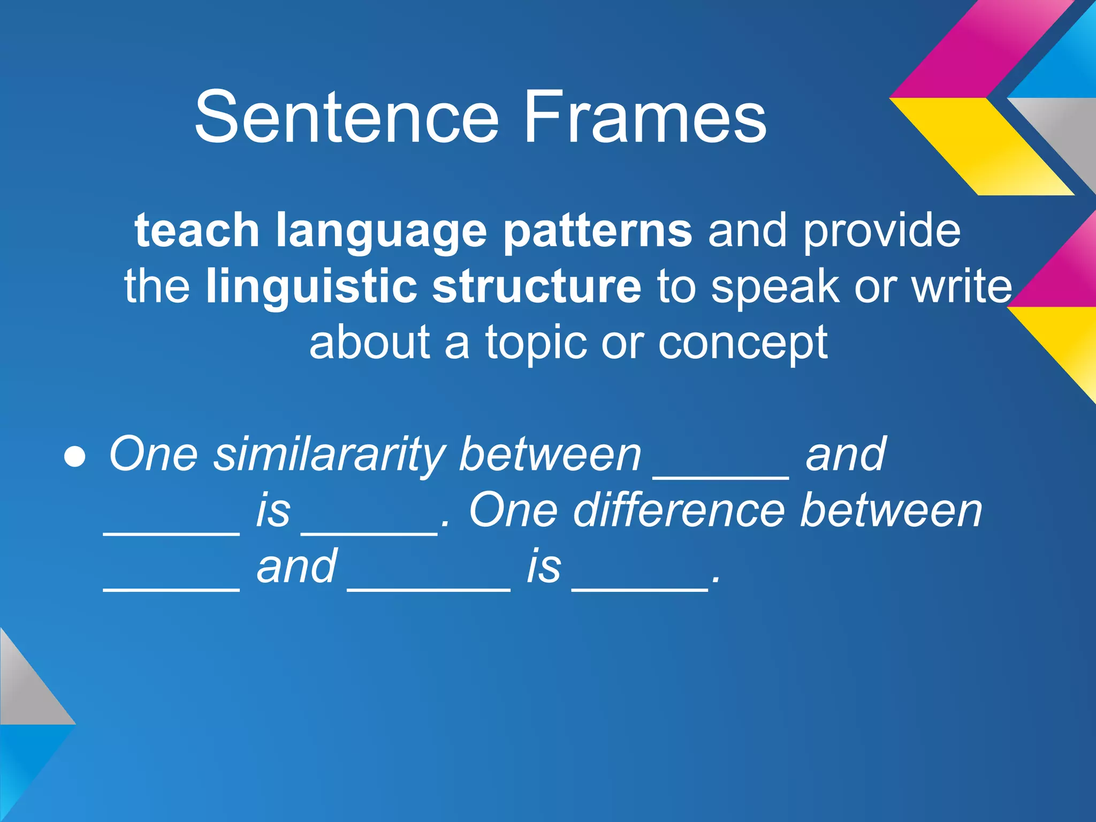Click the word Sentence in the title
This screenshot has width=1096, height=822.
point(347,117)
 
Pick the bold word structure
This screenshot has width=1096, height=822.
point(536,287)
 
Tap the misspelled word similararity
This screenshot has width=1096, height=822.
point(329,455)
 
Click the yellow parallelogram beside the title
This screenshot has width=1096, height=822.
point(982,146)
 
